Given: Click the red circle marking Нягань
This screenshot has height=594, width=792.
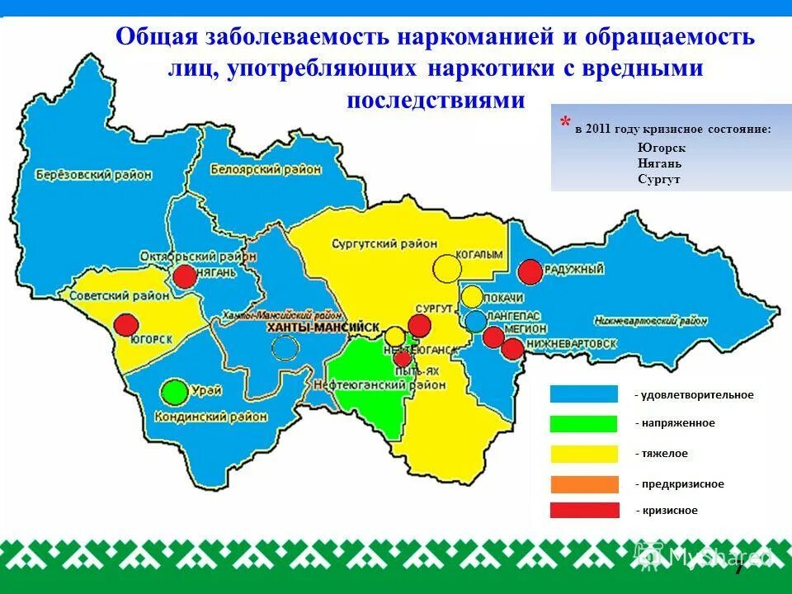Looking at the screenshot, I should [x=185, y=276].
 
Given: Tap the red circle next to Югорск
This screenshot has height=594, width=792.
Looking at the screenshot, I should [x=125, y=324].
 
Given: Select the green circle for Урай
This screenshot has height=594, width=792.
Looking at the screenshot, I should [x=174, y=392].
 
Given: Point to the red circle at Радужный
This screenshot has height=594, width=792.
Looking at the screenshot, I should [x=530, y=271].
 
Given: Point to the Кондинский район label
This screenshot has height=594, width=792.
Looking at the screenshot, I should [x=210, y=417].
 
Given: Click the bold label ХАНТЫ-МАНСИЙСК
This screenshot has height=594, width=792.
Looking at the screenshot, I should [x=323, y=328].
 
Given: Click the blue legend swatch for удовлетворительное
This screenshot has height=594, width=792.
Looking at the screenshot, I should [x=584, y=394].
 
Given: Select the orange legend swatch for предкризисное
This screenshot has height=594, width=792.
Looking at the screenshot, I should [x=584, y=484].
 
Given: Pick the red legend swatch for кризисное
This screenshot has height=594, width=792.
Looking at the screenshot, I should [x=584, y=510].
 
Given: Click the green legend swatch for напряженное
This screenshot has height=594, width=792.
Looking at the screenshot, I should [x=584, y=423].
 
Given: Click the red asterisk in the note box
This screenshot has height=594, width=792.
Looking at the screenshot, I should [x=564, y=124].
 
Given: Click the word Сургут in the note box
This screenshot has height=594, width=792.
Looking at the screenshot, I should [x=658, y=179].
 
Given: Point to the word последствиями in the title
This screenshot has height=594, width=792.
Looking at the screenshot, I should [x=436, y=100].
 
